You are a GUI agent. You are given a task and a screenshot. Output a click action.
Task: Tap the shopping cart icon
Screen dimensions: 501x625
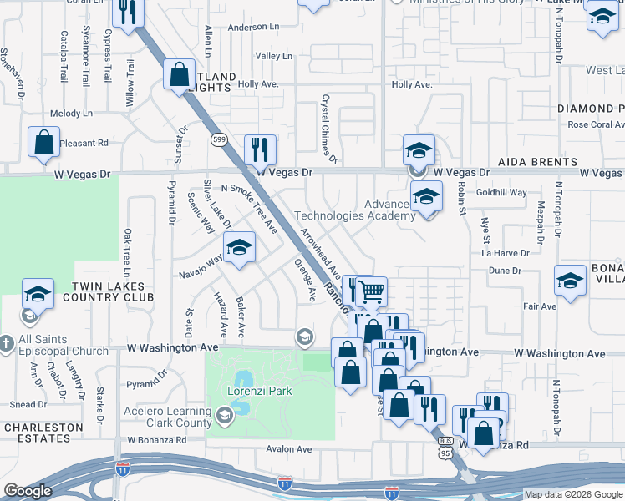[x=372, y=292]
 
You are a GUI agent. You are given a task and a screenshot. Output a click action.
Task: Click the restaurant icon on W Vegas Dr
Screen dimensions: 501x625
[x=261, y=150]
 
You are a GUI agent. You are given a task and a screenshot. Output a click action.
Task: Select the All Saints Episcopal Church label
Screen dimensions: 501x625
[x=64, y=345]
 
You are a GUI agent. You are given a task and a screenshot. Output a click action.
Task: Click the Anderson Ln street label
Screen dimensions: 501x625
[x=253, y=27]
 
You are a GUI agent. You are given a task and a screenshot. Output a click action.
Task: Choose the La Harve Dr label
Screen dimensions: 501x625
[x=506, y=253]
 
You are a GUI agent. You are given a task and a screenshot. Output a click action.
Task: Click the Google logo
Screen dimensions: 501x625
[x=28, y=491]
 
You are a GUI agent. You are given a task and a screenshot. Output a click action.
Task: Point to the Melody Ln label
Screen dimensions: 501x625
[x=71, y=113]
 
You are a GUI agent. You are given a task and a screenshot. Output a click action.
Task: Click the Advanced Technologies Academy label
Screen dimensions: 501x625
[x=365, y=210]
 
